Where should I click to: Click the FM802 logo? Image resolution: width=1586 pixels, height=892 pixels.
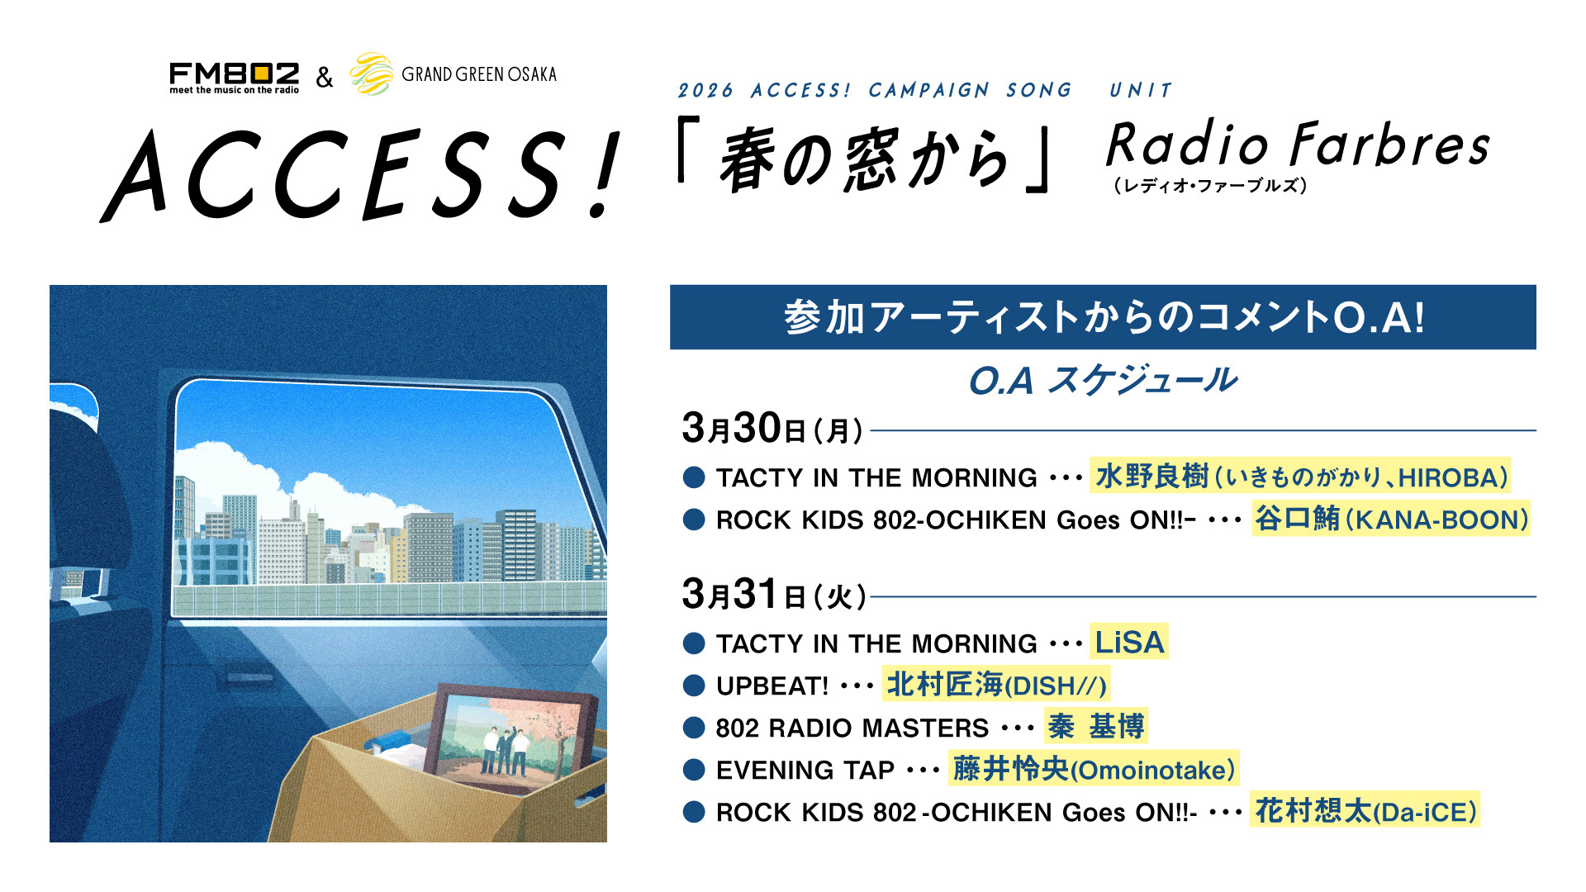234,78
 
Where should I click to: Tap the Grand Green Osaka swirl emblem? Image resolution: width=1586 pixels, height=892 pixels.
372,74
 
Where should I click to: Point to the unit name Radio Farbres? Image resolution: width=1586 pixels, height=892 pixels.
1298,144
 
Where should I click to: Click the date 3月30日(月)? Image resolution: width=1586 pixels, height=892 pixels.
773,429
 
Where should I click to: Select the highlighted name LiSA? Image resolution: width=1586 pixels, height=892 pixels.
1129,642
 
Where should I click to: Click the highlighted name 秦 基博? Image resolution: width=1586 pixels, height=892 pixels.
1096,727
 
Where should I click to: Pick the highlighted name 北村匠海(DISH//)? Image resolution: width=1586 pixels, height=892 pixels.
996,685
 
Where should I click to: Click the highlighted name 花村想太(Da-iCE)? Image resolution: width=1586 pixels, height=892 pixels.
1365,811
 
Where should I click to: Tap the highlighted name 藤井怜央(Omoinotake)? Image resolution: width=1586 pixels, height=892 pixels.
1094,769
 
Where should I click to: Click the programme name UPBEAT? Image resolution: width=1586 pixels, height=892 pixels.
772,686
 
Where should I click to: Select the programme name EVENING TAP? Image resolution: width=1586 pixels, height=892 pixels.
805,771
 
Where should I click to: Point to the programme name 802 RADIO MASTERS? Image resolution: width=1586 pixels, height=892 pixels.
852,728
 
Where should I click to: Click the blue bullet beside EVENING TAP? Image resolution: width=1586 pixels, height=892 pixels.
694,771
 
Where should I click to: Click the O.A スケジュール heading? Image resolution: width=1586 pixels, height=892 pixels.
1103,381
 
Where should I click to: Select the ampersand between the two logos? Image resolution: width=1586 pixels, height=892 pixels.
325,78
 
